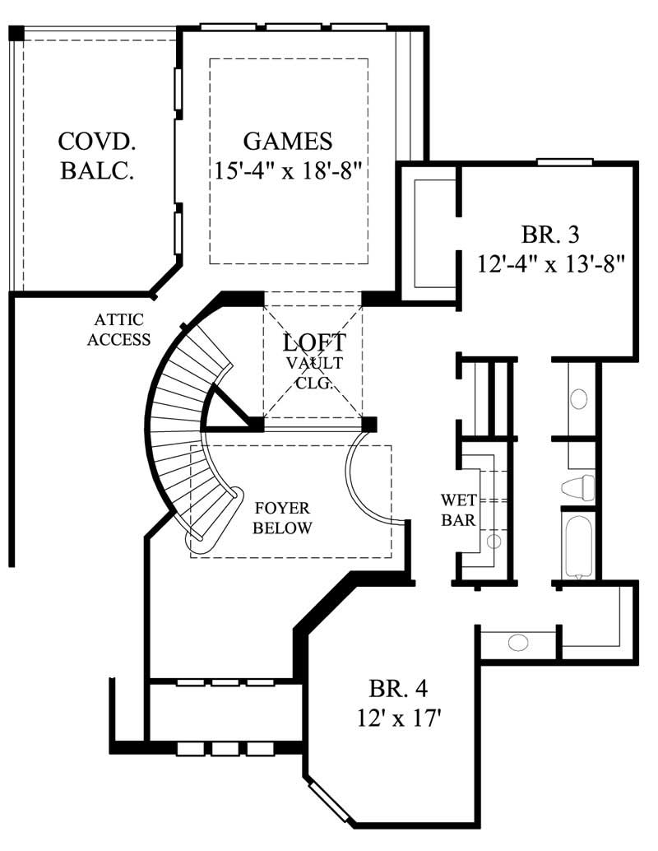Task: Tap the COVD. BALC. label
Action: [x=97, y=156]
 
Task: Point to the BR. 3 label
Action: [x=550, y=235]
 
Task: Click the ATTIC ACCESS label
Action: [x=120, y=329]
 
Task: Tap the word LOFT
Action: [x=314, y=342]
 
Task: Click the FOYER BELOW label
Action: [x=282, y=518]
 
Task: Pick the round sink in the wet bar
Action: [x=493, y=541]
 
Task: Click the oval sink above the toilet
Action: [x=578, y=400]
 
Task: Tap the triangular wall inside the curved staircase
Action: [x=226, y=412]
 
